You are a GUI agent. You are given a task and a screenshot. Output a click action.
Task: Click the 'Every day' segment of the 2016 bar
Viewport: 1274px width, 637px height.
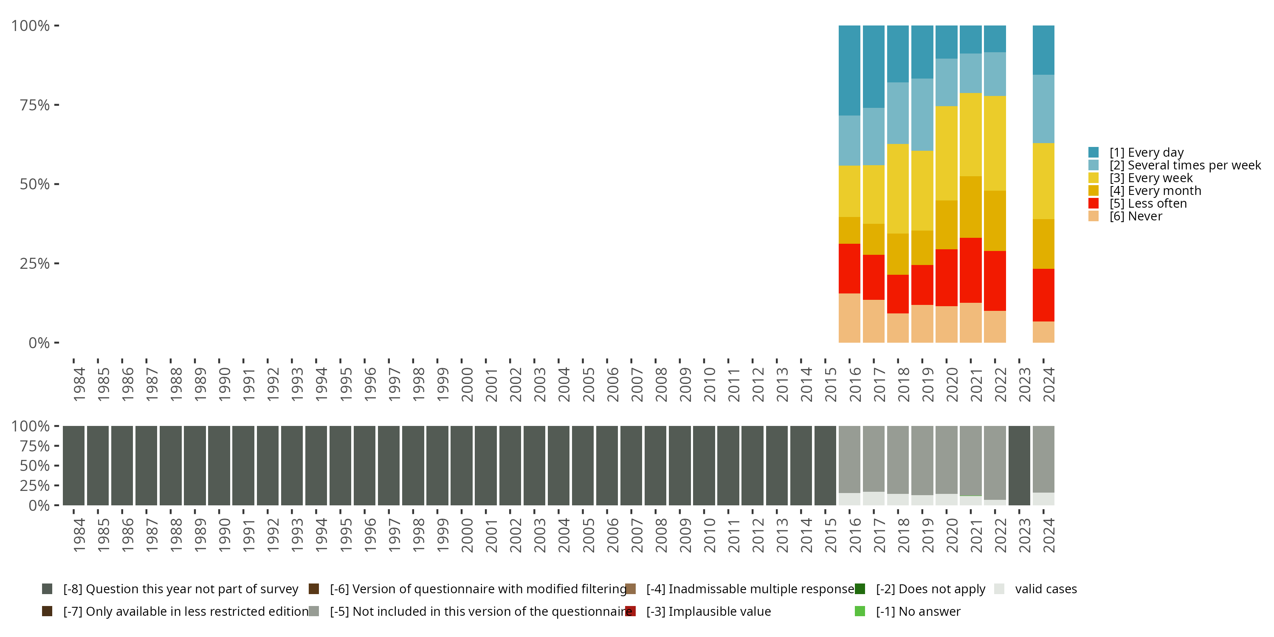coord(849,70)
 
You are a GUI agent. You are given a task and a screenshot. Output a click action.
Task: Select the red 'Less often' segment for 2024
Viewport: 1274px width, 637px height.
coord(1043,295)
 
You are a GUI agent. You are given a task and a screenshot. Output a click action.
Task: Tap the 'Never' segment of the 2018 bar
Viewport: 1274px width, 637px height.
coord(898,327)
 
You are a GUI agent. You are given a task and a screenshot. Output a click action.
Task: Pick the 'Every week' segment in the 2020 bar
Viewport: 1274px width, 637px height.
coord(946,153)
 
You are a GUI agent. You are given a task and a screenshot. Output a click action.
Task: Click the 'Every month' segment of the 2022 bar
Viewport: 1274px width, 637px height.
coord(995,220)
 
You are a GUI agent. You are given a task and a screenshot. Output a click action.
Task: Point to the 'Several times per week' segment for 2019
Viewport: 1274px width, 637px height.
coord(922,114)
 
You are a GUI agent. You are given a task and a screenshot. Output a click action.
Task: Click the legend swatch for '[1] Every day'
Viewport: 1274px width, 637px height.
coord(1094,152)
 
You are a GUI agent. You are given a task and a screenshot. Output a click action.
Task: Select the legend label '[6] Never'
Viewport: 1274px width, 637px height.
coord(1136,217)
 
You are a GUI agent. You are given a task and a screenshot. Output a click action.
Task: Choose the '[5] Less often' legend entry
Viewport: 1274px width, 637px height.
coord(1147,204)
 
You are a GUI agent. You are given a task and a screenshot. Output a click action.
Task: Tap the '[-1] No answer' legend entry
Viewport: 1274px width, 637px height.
coord(918,611)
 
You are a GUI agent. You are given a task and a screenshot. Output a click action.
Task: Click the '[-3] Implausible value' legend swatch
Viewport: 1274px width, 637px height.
coord(631,611)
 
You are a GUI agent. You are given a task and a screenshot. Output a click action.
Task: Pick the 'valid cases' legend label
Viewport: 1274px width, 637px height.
coord(1046,589)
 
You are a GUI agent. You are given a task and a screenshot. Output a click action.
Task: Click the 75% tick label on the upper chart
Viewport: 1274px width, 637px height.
coord(35,105)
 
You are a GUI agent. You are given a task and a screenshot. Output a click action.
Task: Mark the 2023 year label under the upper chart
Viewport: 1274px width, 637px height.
coord(1024,384)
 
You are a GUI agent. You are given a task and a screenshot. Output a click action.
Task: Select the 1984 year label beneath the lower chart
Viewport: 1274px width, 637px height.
coord(79,535)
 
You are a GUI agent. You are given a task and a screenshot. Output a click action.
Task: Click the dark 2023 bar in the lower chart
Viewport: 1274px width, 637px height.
coord(1019,465)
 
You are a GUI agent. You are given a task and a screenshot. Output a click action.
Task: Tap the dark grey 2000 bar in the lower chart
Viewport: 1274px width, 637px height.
coord(462,465)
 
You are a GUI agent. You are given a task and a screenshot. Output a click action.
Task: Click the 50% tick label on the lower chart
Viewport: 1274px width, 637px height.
coord(35,466)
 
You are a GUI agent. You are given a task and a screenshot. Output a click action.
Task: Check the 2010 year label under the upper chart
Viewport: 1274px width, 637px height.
coord(709,384)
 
